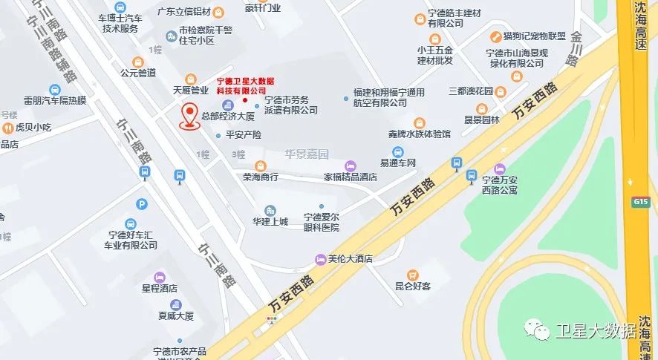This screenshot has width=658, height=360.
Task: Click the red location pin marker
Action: tap(190, 117)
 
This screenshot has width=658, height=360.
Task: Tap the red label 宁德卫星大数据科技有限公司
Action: tap(245, 85)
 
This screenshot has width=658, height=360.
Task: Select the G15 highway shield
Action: tap(640, 201)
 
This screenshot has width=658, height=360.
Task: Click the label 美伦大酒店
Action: tap(350, 259)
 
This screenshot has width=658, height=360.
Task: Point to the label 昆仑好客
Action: tap(413, 285)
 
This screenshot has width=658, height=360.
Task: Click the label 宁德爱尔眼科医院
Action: tap(321, 222)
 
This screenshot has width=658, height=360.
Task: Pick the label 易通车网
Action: tap(398, 162)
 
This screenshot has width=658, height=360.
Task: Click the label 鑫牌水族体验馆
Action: tap(420, 134)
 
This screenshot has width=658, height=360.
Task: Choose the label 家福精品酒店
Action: tap(351, 177)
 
